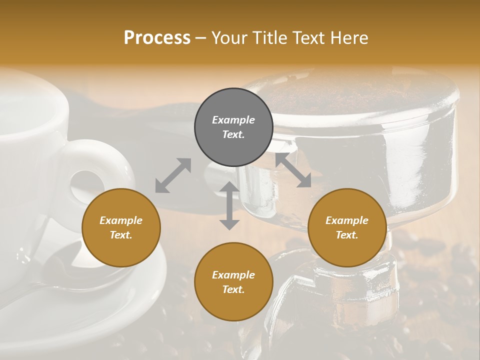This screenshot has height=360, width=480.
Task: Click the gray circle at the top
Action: coord(233,127)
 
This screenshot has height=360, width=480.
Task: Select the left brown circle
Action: coord(121,228)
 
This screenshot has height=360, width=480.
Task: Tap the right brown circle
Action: coord(347,228)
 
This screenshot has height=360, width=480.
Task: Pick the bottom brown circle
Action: coord(233,282)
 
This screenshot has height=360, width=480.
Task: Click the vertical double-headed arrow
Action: coord(229,205)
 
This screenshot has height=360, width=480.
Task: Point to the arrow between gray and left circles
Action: coord(173,175)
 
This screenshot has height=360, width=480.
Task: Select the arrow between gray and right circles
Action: coord(293,170)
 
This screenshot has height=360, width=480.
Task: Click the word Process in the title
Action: coord(157,38)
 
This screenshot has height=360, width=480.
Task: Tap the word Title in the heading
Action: coord(270,38)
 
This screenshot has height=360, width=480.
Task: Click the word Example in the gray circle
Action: coord(233,120)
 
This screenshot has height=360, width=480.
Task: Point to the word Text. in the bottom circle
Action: coord(233,289)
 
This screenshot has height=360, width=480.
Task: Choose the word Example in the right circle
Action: coord(347,220)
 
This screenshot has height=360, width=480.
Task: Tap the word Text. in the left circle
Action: coord(121,235)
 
